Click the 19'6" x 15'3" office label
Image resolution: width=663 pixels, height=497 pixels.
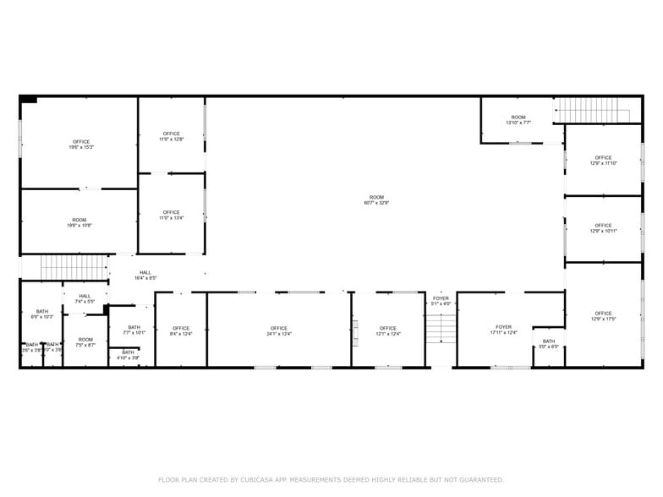click(80, 145)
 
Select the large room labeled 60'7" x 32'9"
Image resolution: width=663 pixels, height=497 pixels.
click(376, 199)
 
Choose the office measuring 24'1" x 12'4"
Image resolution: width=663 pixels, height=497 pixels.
click(279, 331)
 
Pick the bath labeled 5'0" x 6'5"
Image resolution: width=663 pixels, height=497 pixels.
click(549, 344)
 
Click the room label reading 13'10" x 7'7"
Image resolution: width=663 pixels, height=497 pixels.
click(518, 120)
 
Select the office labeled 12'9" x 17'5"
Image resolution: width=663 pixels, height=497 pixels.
click(603, 316)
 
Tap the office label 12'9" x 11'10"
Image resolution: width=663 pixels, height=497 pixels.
click(603, 160)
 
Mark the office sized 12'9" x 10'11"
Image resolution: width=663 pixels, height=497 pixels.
click(603, 228)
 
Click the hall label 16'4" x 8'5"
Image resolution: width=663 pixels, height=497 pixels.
click(145, 275)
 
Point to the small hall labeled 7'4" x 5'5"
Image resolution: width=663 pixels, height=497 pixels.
click(85, 298)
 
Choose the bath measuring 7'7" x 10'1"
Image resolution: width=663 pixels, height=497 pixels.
click(134, 330)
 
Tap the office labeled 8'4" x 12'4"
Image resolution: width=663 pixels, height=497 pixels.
click(181, 331)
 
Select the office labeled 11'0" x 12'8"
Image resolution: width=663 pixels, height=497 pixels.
click(172, 136)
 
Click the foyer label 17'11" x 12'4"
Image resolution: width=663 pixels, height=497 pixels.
click(504, 330)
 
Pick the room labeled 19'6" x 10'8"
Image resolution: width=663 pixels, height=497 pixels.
click(79, 222)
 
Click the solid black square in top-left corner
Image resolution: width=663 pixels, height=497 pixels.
click(29, 99)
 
